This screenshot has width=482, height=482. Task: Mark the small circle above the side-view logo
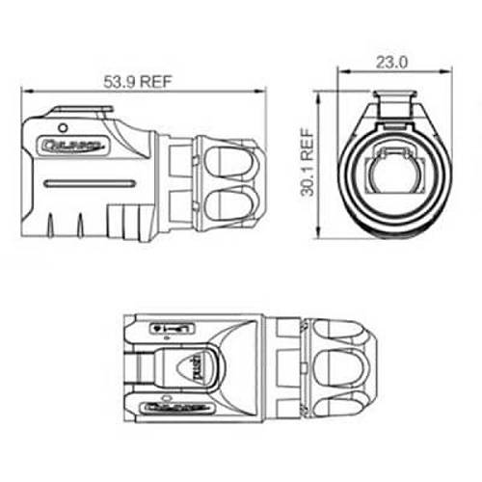click(x=63, y=127)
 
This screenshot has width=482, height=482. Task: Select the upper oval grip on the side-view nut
click(x=229, y=156)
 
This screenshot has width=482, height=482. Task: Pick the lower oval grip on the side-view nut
click(x=229, y=203)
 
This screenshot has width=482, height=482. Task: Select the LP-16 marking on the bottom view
click(x=175, y=331)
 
